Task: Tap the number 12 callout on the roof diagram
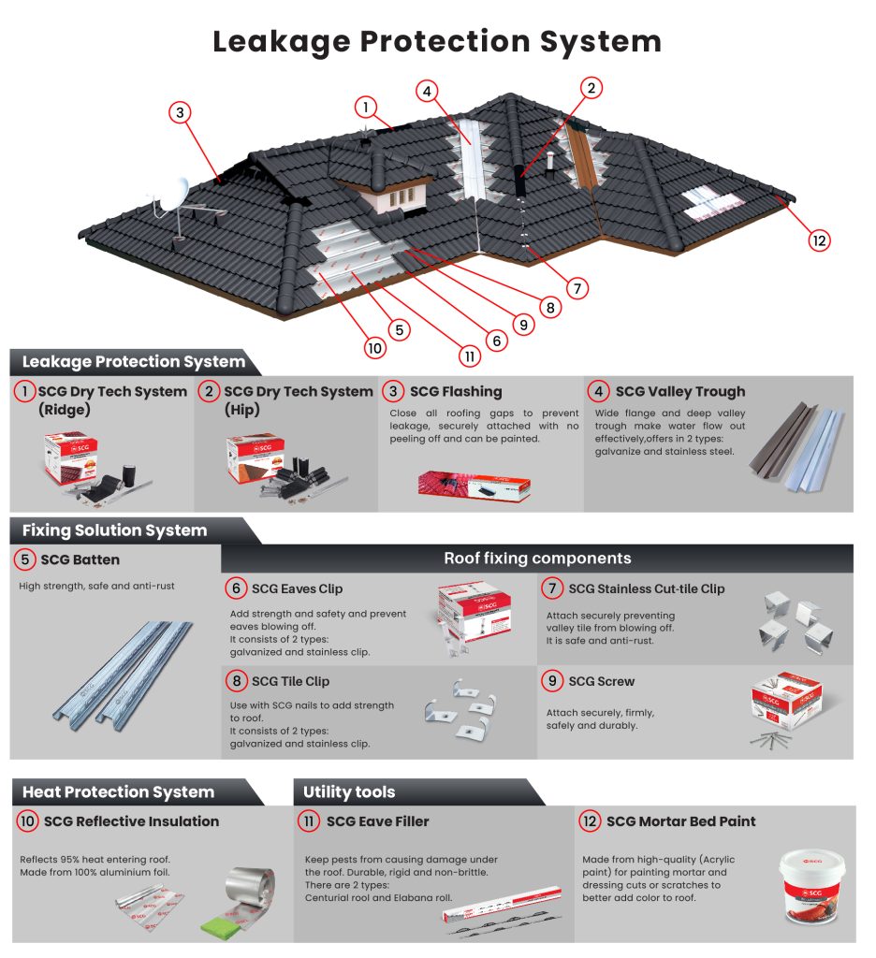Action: click(820, 240)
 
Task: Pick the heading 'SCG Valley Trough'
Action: click(680, 391)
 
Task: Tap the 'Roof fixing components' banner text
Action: click(537, 559)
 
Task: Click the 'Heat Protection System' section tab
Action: click(119, 791)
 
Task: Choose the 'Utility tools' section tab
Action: click(349, 792)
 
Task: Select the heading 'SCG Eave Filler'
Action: click(377, 821)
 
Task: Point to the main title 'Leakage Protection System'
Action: click(437, 42)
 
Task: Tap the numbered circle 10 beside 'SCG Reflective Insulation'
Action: click(28, 821)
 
